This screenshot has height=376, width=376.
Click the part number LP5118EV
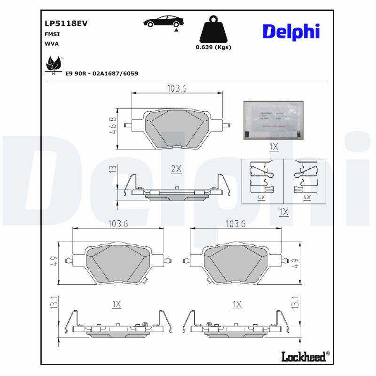pos(66,23)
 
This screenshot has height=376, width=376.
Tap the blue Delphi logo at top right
pos(291,31)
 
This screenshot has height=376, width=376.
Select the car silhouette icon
pos(164,23)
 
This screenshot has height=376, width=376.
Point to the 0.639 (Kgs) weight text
pos(213,47)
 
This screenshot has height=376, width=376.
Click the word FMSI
pos(52,34)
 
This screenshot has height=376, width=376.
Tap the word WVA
pos(51,43)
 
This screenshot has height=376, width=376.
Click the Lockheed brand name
pos(303,357)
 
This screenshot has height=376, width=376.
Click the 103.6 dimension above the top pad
pos(177,88)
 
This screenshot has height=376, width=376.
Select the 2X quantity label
pos(176,169)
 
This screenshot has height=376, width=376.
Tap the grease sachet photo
pos(274,120)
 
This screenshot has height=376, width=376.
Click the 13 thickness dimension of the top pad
pos(112,169)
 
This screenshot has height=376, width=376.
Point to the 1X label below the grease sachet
pos(274,147)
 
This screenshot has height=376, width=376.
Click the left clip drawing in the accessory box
pos(262,177)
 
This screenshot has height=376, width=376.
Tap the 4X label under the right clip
pos(307,197)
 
